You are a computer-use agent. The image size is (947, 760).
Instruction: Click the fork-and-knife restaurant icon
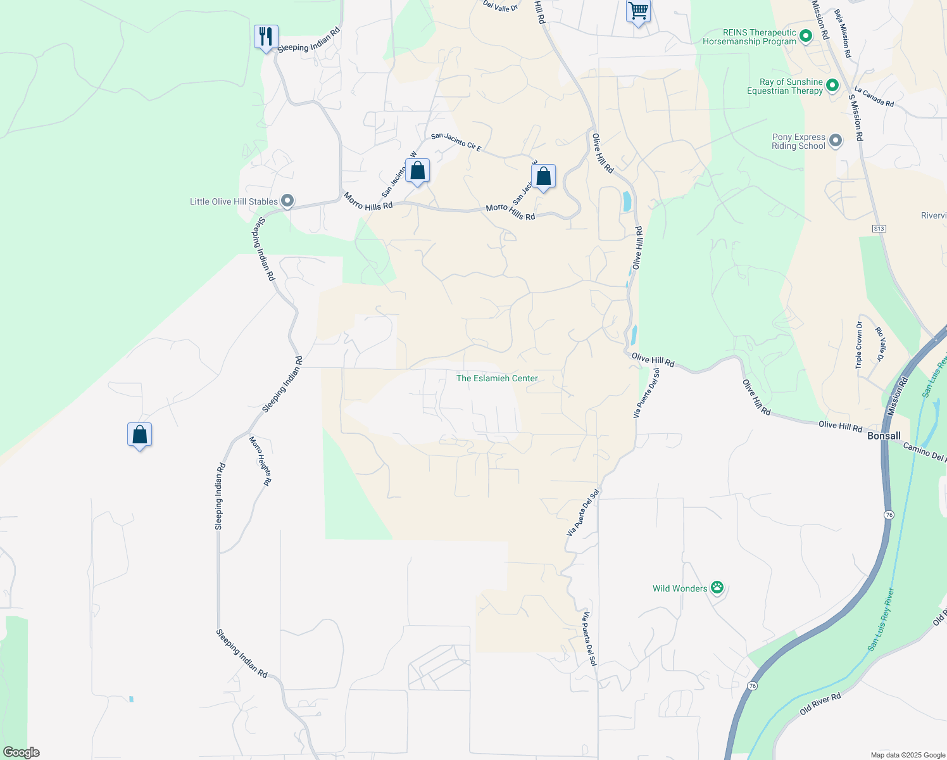266,37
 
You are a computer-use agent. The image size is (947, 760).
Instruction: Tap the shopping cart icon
638,11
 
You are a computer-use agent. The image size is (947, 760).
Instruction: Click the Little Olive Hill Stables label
234,201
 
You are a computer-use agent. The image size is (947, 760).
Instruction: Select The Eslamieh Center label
497,378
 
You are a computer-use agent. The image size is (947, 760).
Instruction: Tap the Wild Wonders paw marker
717,588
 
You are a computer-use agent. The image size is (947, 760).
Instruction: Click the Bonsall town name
884,436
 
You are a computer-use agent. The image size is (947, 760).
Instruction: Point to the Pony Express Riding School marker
836,141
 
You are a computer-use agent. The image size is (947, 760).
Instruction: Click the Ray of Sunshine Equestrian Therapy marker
832,85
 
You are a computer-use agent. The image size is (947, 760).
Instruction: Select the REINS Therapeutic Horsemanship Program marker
806,35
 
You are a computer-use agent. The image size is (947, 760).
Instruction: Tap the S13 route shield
879,228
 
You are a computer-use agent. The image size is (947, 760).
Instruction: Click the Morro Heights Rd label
260,460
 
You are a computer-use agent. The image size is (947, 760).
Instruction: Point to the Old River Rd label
820,704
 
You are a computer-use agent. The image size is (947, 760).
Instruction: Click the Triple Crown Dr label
859,345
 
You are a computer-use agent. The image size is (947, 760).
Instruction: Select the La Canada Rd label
874,96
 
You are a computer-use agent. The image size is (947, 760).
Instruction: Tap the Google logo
21,752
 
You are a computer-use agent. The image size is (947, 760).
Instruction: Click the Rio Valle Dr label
880,344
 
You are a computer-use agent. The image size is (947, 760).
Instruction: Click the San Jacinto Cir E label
456,142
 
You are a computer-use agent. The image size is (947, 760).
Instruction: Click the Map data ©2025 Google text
907,755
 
